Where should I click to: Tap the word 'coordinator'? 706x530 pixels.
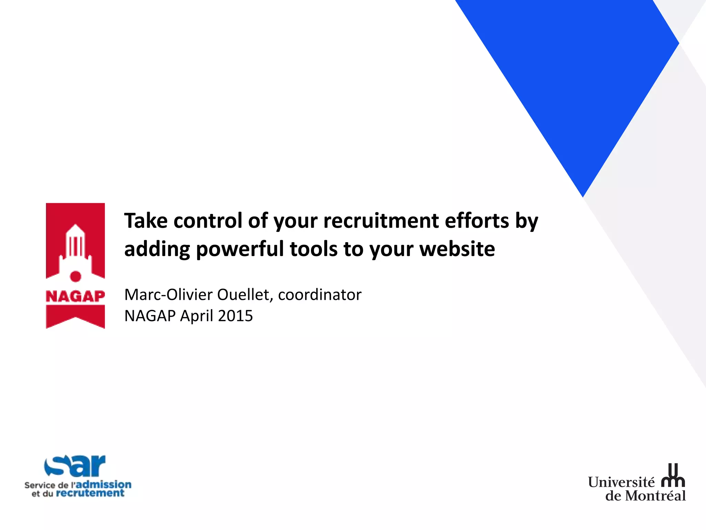pyautogui.click(x=320, y=295)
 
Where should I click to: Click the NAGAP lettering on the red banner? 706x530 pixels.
pyautogui.click(x=75, y=296)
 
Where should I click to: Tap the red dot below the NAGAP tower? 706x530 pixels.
pyautogui.click(x=75, y=276)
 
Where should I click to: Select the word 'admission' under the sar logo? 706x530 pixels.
pyautogui.click(x=103, y=484)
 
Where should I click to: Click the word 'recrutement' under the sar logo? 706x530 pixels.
pyautogui.click(x=90, y=493)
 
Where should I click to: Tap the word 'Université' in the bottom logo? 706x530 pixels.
pyautogui.click(x=621, y=482)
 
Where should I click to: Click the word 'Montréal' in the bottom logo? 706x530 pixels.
pyautogui.click(x=655, y=496)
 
